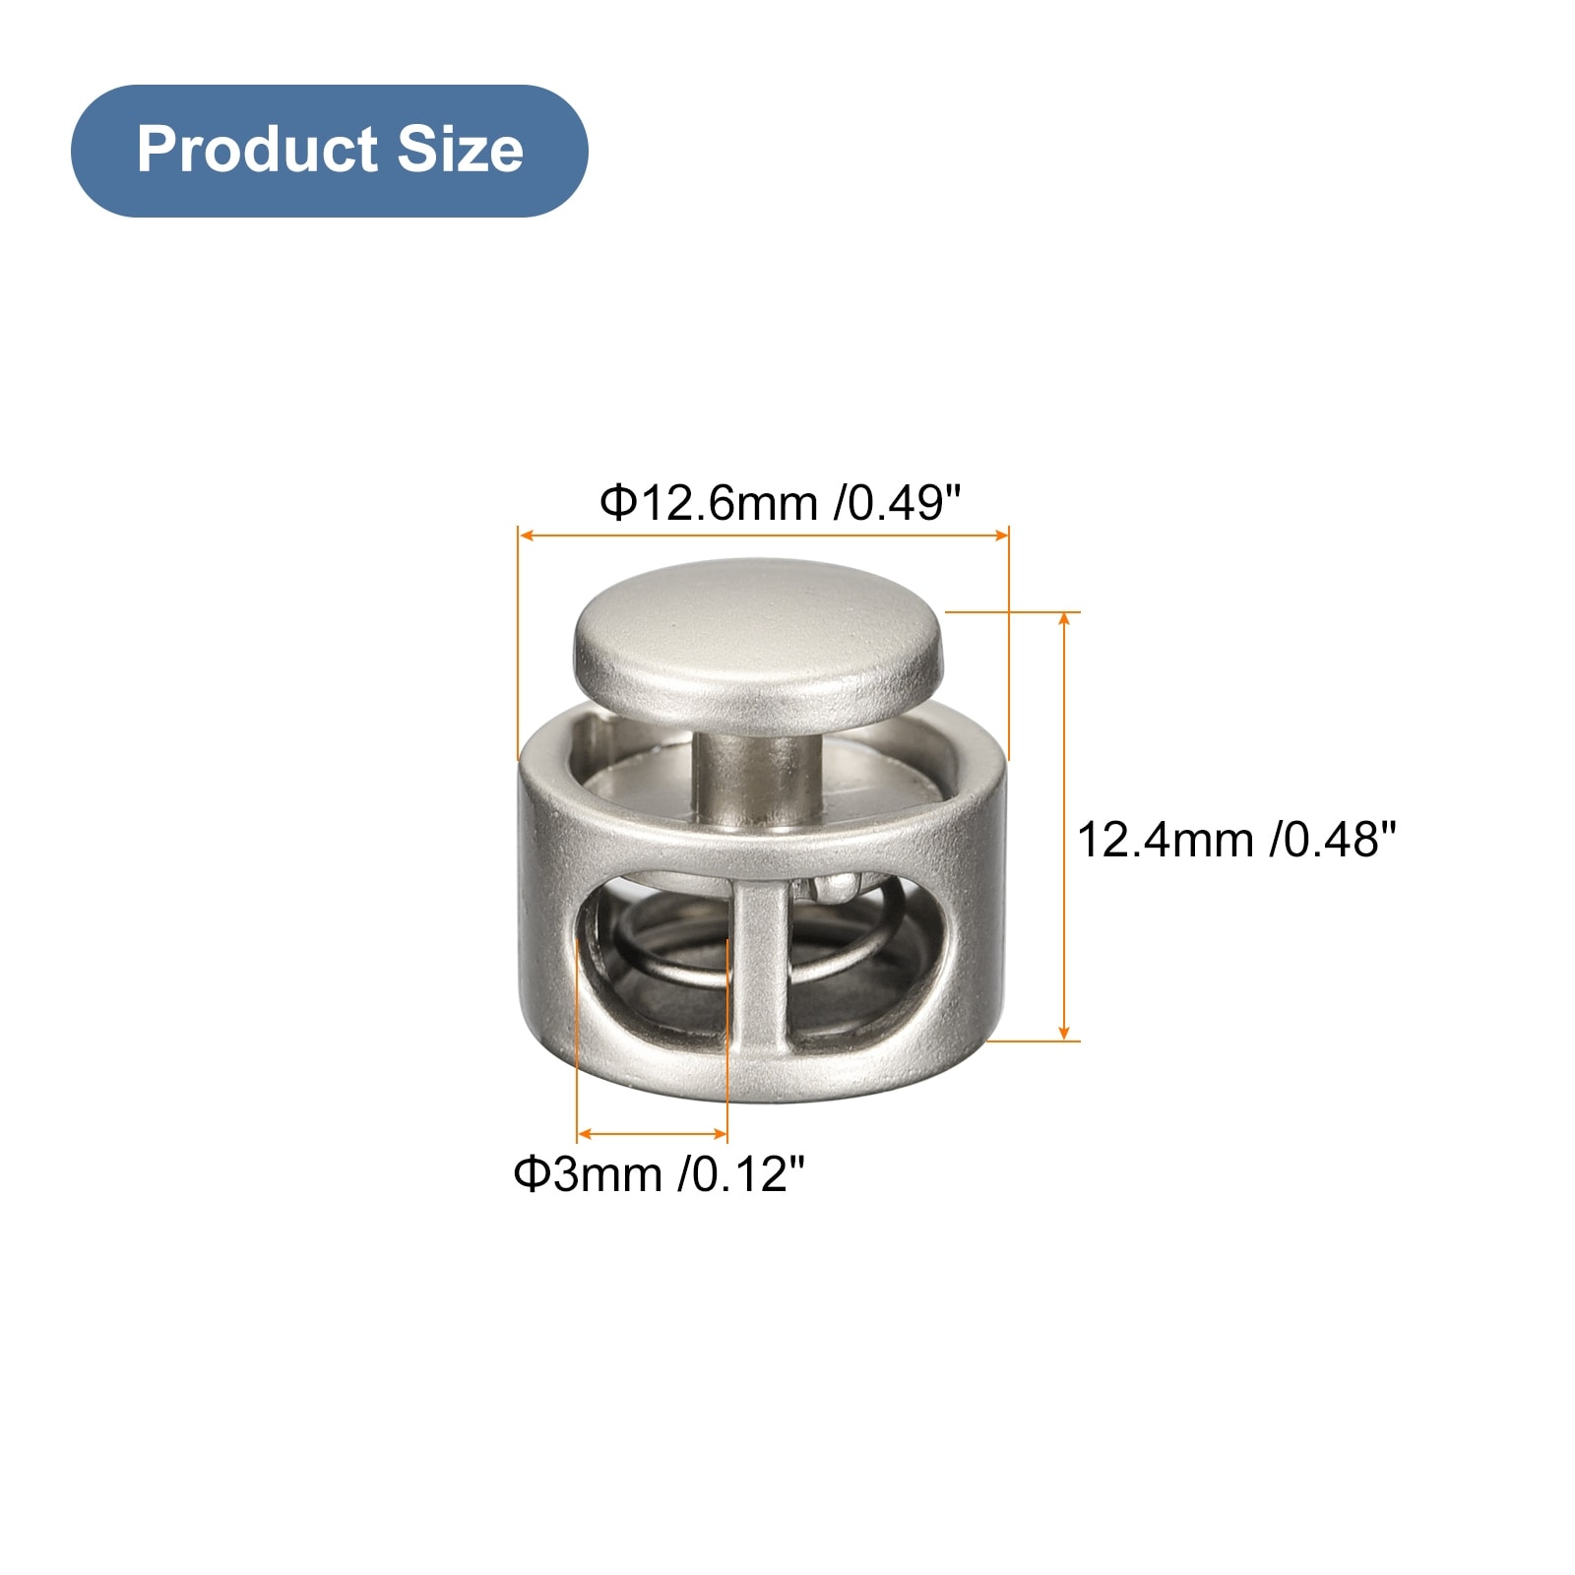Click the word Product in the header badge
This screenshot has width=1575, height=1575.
(257, 150)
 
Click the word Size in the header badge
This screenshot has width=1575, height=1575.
(460, 150)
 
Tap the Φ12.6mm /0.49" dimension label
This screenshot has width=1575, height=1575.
(780, 503)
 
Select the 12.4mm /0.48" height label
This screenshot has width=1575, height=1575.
(1236, 840)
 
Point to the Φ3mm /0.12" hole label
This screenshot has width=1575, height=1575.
(659, 1173)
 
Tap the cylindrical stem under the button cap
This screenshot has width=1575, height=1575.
(755, 778)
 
